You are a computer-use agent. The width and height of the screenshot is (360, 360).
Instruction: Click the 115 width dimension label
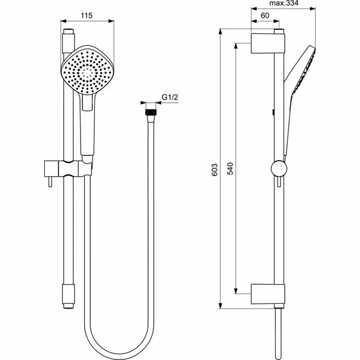tap(88, 17)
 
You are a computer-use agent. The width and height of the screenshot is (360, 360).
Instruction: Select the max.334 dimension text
tap(283, 4)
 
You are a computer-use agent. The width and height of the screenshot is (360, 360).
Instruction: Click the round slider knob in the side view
tap(278, 168)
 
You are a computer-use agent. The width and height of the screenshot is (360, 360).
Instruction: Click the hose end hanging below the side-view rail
tap(278, 334)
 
